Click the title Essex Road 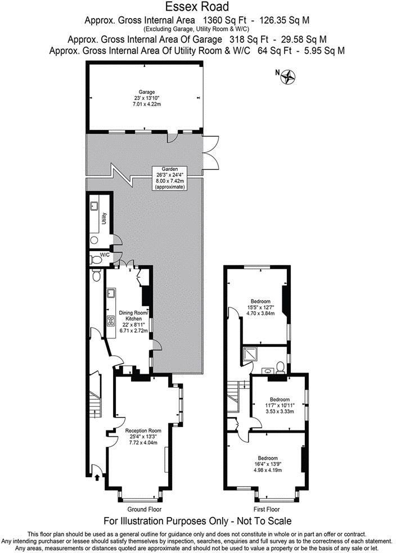click(197, 7)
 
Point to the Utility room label click(105, 219)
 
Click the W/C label click(105, 255)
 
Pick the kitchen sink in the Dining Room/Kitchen click(110, 293)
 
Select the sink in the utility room click(94, 206)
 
